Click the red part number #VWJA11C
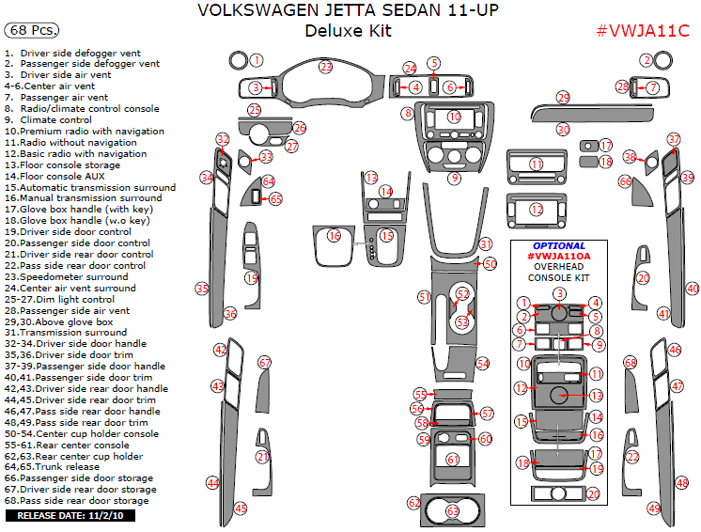[643, 31]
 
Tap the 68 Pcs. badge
[31, 30]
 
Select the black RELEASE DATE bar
[70, 515]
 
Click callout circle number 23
[326, 67]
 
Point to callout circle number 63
[453, 510]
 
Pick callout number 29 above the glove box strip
[563, 98]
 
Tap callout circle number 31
[486, 244]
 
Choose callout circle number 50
[491, 264]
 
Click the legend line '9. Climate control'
[48, 119]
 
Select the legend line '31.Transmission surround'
[66, 332]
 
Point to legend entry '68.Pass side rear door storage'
[76, 501]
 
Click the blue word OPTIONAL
[559, 246]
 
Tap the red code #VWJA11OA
[559, 257]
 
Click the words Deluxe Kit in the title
[349, 31]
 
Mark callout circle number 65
[276, 199]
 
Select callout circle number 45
[241, 509]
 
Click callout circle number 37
[674, 139]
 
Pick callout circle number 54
[483, 364]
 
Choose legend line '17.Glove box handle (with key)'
[79, 210]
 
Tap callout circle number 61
[453, 459]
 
